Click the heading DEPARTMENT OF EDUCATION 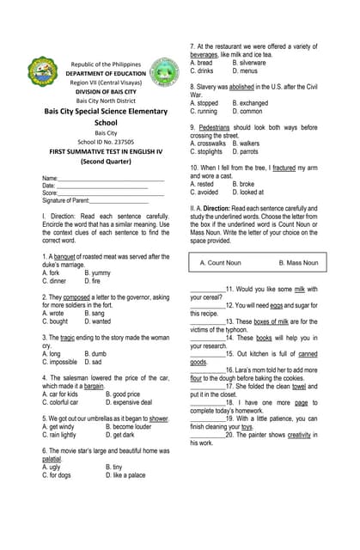click(x=106, y=74)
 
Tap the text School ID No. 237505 click(x=106, y=142)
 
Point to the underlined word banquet click(x=66, y=257)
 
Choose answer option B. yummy click(x=104, y=273)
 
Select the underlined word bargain click(x=112, y=386)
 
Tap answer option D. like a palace click(x=125, y=474)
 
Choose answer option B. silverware click(x=248, y=63)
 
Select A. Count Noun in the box click(x=226, y=263)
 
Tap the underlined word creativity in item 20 click(x=298, y=435)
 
